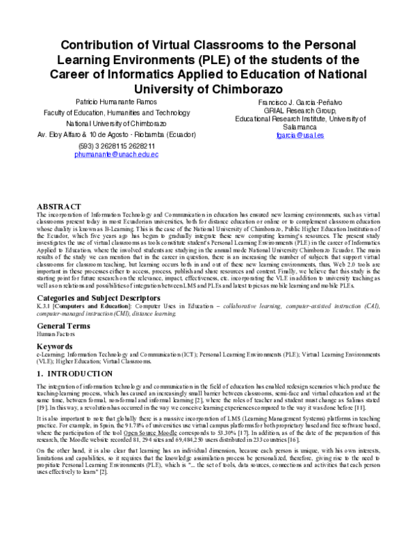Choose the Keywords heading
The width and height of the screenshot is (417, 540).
(x=54, y=346)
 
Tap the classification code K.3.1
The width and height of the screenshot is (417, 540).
(x=44, y=305)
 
